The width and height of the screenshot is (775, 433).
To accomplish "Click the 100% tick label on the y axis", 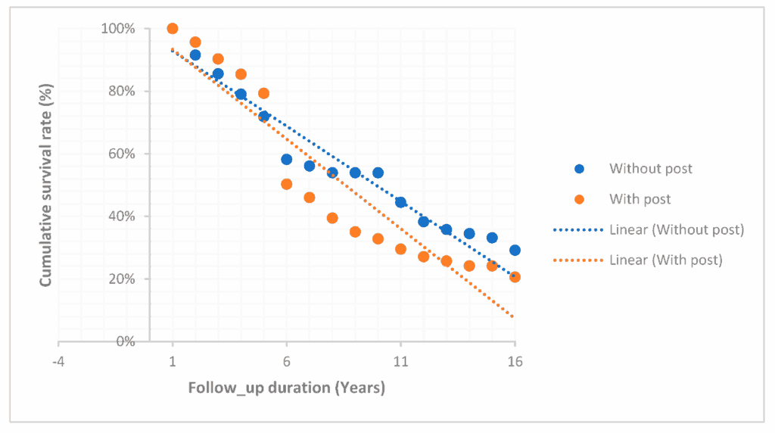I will point(119,29).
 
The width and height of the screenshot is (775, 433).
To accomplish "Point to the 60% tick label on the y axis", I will point(122,154).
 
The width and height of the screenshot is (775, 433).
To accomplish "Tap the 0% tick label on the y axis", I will point(125,341).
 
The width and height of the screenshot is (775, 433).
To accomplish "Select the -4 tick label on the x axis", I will point(58,362).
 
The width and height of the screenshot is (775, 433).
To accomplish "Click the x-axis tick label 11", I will point(400,362).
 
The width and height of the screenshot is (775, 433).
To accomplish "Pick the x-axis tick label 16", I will point(515,362).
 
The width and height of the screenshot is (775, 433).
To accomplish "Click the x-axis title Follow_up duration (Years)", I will point(286,389).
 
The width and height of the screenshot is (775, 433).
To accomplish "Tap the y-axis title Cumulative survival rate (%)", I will point(46,185).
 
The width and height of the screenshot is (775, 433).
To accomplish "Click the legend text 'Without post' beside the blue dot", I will point(650,169).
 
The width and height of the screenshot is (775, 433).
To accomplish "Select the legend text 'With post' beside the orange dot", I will point(640,200).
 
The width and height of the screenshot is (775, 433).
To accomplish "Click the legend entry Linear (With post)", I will point(665,260).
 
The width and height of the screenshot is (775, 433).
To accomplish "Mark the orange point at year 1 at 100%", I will point(173,29).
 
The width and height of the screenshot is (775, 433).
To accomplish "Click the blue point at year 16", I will point(515,250).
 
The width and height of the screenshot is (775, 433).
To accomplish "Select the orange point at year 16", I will point(515,277).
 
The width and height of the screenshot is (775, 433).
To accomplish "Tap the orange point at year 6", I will point(286,184).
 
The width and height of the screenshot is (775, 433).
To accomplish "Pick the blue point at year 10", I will point(378,173).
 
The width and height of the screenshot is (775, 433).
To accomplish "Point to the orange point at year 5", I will point(263,93).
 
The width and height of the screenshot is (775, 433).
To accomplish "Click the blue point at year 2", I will point(195,55).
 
